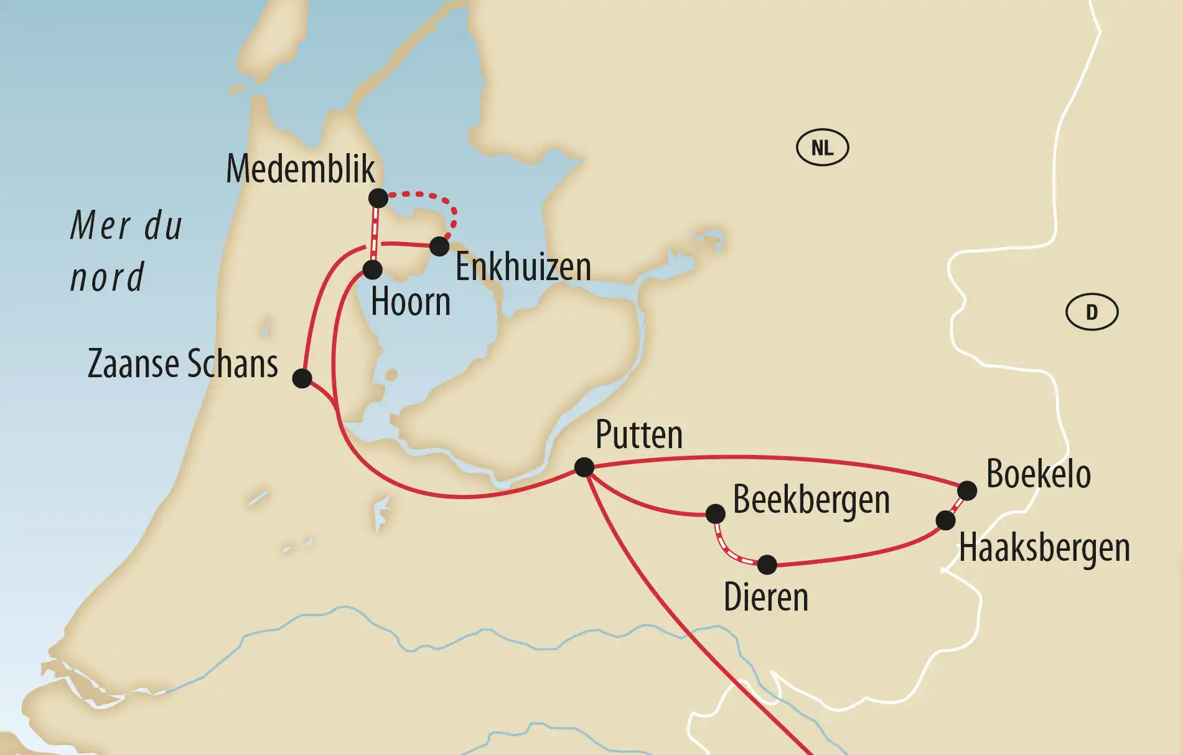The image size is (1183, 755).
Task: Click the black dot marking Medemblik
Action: coord(378,199)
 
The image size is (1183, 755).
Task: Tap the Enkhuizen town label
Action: coord(523,267)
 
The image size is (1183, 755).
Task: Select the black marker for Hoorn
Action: coord(372,270)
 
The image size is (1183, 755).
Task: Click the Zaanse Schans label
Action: coord(183,363)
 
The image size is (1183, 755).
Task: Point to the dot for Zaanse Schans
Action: coord(302,378)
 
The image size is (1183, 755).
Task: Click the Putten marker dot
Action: coord(584,467)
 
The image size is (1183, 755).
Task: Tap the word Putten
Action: coord(638,434)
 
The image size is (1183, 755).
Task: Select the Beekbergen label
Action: coord(811,500)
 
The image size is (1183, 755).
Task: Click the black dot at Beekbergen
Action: coord(716,514)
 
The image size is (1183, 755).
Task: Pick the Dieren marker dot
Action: coord(767,565)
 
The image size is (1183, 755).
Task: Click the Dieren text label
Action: coord(765,598)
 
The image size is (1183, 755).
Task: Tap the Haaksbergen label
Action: coord(1044,548)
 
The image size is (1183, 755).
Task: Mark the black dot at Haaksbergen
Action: coord(945,520)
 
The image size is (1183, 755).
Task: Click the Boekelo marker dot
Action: coord(967,490)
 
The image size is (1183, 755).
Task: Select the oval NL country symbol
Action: coord(822,148)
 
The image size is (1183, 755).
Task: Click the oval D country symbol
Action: coord(1092,312)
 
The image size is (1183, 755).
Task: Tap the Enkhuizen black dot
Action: coord(439,246)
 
